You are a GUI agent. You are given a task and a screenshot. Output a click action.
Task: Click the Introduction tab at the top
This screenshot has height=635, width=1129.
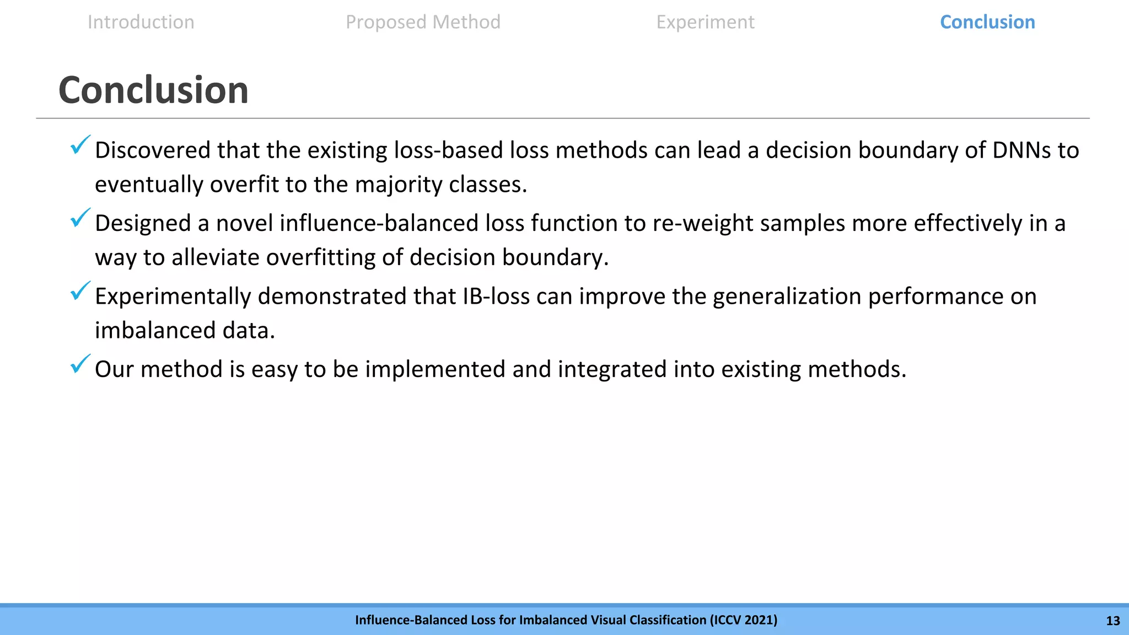click(x=141, y=22)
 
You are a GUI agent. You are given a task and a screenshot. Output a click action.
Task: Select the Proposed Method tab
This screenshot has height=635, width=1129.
click(x=423, y=22)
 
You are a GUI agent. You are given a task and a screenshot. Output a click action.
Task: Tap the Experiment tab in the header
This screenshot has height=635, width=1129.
click(x=705, y=22)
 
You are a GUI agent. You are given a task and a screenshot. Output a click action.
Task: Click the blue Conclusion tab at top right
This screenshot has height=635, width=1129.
click(x=987, y=22)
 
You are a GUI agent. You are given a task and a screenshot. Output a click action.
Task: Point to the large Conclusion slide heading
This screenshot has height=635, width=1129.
click(x=153, y=90)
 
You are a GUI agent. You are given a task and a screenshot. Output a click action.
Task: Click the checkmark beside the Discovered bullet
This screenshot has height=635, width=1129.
click(x=80, y=145)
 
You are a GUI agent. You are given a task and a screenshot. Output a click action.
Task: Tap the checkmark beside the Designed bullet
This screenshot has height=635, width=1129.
click(x=80, y=218)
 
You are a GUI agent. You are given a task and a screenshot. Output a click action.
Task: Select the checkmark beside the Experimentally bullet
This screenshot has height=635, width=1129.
click(x=80, y=291)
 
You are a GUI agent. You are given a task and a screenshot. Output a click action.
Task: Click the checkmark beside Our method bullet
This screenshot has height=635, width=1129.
click(x=80, y=364)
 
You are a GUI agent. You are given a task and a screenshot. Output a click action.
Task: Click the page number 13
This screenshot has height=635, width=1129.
click(x=1112, y=621)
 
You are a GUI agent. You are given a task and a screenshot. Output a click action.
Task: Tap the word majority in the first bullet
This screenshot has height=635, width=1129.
click(x=399, y=185)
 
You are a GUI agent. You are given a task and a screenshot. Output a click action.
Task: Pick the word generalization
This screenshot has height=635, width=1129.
click(x=787, y=297)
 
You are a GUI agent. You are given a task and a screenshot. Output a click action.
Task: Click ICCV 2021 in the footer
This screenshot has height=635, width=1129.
click(x=744, y=620)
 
